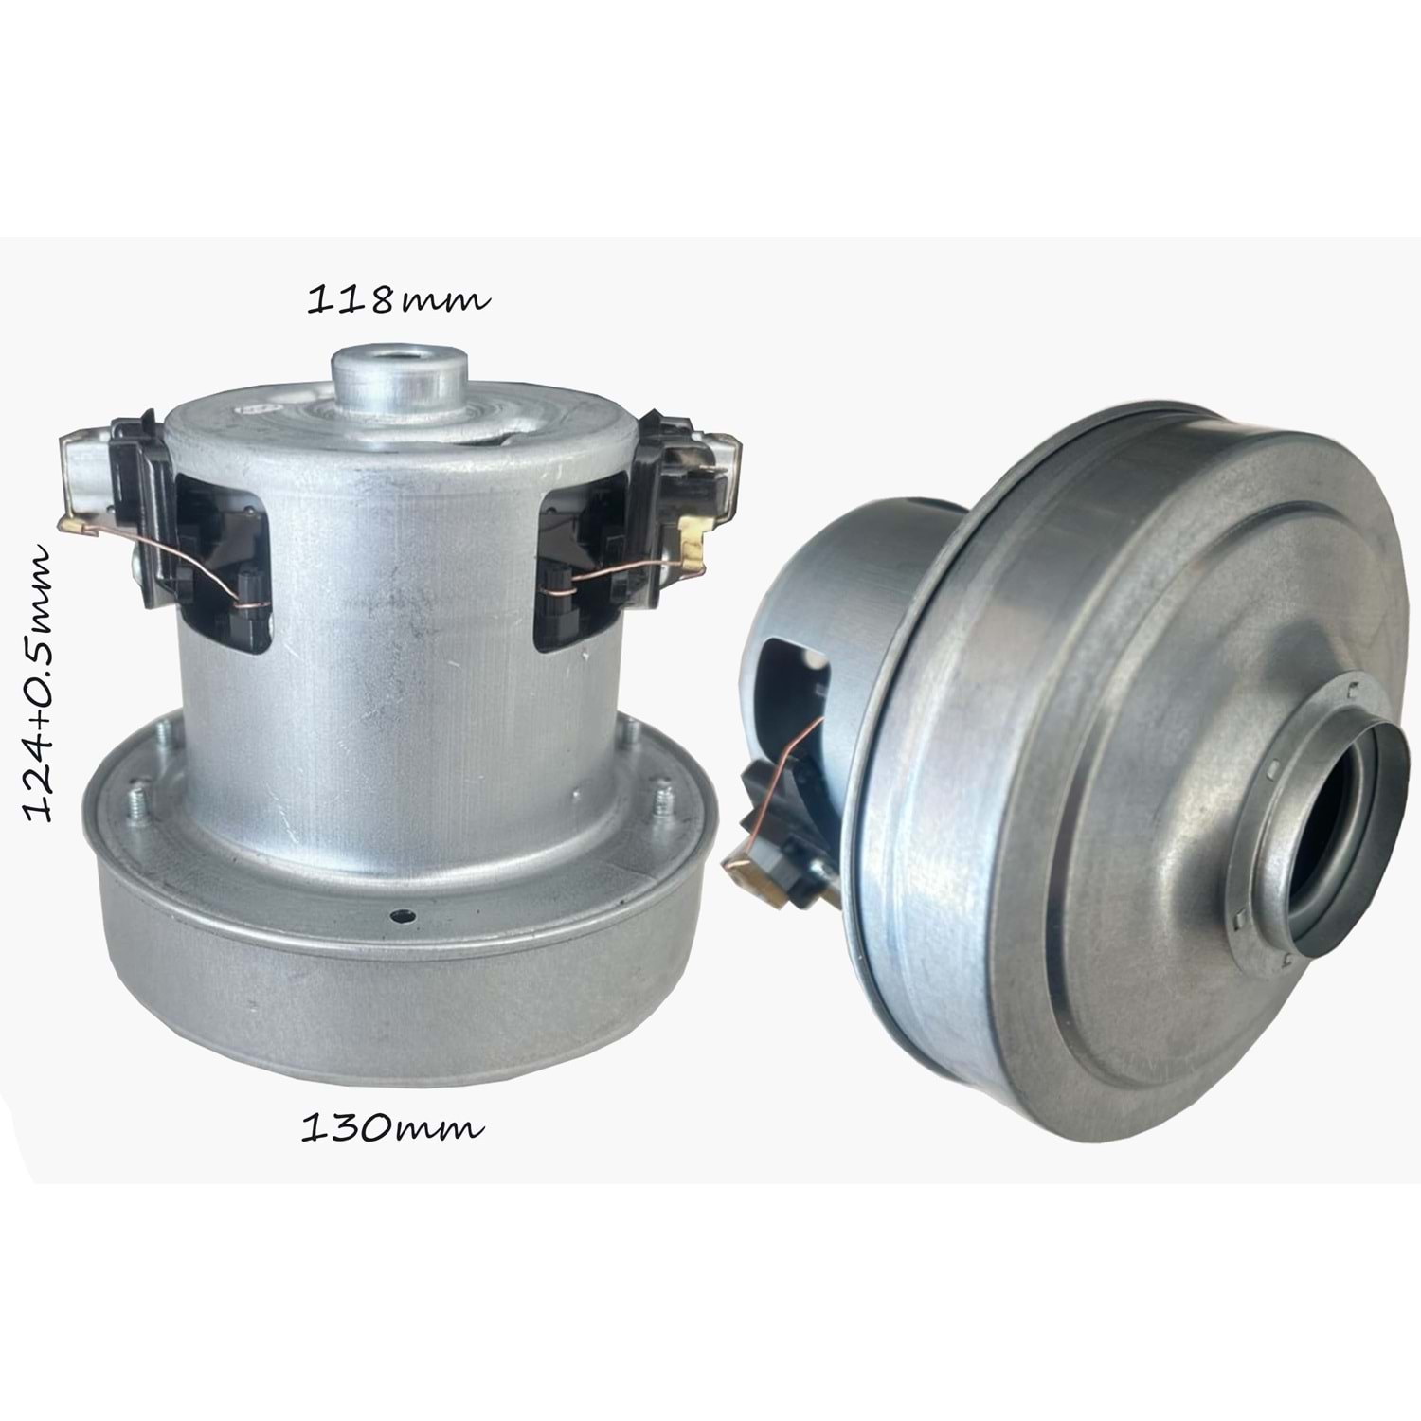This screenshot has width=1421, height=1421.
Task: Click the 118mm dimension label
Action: (399, 300)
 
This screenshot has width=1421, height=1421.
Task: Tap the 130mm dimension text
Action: (392, 1127)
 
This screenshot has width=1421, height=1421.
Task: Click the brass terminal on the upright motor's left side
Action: (76, 523)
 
